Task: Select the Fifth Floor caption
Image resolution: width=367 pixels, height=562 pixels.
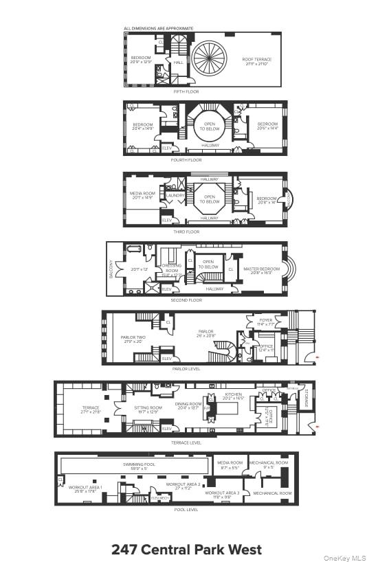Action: (186, 91)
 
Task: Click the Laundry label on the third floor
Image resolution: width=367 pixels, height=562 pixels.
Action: (175, 195)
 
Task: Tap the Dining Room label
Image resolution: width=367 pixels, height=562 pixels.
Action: (188, 405)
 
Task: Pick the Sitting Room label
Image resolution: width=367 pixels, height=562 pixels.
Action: (148, 409)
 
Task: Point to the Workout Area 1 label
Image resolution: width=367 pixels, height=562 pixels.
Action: (85, 489)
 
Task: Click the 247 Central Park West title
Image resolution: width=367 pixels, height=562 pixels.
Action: (186, 550)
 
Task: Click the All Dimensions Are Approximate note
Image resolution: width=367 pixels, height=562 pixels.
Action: (158, 28)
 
